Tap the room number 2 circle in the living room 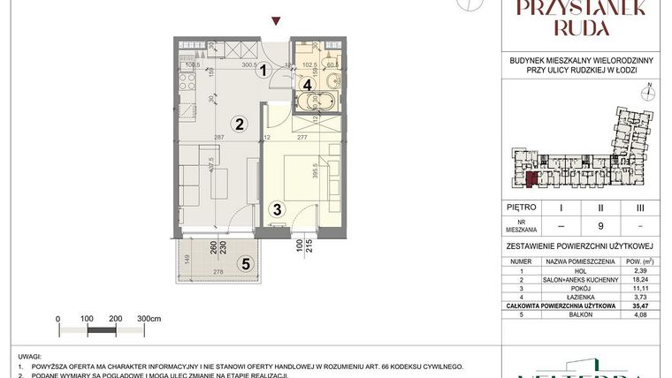pyautogui.click(x=239, y=123)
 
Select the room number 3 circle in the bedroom pyautogui.click(x=277, y=210)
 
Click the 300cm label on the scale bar pyautogui.click(x=150, y=318)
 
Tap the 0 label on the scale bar pyautogui.click(x=57, y=318)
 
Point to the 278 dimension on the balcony pyautogui.click(x=217, y=275)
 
